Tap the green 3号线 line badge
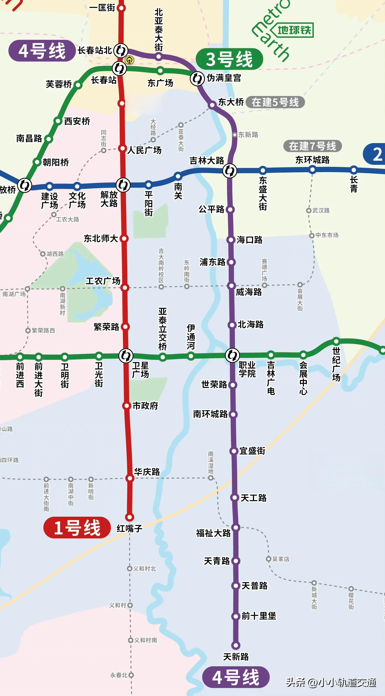[229, 59]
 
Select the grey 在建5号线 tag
[275, 102]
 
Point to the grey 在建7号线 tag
[312, 146]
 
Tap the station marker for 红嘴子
[130, 517]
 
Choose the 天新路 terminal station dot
[236, 645]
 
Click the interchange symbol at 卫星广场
[126, 356]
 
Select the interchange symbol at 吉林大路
[230, 171]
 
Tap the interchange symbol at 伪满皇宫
[197, 79]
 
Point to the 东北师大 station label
[101, 238]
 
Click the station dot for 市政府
[126, 405]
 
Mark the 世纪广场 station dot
[336, 341]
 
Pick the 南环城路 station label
[210, 414]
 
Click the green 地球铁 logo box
[294, 30]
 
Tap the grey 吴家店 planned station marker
[268, 559]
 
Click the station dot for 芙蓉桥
[78, 85]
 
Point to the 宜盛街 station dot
[234, 451]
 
